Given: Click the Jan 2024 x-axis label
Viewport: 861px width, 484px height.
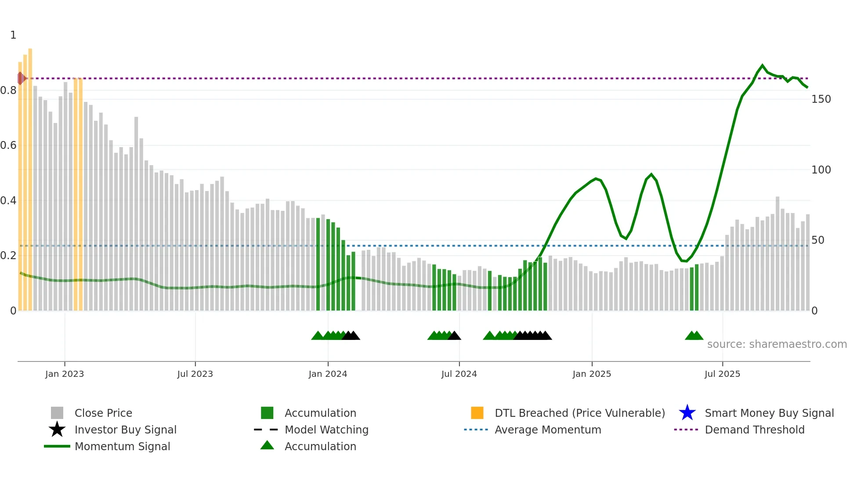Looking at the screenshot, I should coord(328,374).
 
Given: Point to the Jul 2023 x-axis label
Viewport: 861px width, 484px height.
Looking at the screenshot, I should coord(195,374).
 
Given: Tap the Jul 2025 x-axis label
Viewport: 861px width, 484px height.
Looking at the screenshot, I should coord(722,374).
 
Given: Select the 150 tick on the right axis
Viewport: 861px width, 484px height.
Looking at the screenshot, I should coord(821,99).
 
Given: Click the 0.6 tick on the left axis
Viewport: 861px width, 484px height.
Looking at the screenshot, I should coord(8,145).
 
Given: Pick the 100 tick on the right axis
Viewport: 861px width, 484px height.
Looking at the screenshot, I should coord(821,170).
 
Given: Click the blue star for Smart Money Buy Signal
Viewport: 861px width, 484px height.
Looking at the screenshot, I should coord(687,413).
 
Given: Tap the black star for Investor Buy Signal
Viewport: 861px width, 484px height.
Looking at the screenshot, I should coord(57,430).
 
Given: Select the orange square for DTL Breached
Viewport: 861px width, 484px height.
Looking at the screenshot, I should coord(477,413).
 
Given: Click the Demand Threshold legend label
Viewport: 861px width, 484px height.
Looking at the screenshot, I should coord(754,430).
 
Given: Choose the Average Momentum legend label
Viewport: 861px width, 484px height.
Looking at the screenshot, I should coord(548,430).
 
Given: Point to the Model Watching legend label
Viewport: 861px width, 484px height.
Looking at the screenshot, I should coord(326,430).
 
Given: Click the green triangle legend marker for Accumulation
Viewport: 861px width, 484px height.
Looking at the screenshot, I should coord(267,445).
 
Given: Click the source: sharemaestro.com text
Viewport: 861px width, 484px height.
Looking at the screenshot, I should coord(777,344).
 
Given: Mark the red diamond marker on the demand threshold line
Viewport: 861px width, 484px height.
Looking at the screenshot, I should coord(21,79).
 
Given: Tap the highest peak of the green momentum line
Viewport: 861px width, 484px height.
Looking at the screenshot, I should coord(762,65).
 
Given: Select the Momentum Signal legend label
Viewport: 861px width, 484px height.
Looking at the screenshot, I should coord(122,446).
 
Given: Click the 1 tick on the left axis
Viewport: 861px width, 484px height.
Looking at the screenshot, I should coord(13,35).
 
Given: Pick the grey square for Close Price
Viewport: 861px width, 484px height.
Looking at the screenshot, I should coord(57,413).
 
